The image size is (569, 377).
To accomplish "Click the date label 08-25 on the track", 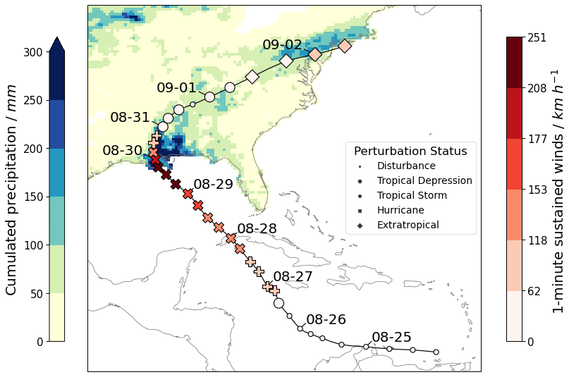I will coord(391,338).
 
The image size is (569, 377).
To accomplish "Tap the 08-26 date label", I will coord(326,320).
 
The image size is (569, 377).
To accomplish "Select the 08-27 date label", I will coord(293,277).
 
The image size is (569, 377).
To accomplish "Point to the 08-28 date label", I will coord(257,229).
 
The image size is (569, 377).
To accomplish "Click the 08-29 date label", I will coord(213,185).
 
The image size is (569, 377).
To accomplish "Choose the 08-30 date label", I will coord(122,151).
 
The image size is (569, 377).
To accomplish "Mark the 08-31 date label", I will coord(130,118).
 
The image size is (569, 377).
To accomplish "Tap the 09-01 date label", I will coord(176,88).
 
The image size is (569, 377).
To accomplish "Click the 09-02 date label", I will coord(282,45).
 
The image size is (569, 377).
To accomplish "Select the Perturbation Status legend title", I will coord(410,152).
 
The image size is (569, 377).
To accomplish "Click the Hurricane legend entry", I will coord(400,210).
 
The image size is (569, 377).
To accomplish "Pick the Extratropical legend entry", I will coord(408,225).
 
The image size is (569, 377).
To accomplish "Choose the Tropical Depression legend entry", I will coord(424,180).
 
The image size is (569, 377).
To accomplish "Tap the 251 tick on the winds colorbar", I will coord(537,37).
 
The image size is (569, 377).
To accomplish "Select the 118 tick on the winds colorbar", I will coord(537,240).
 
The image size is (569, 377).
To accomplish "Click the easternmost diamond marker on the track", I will coord(345,46).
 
